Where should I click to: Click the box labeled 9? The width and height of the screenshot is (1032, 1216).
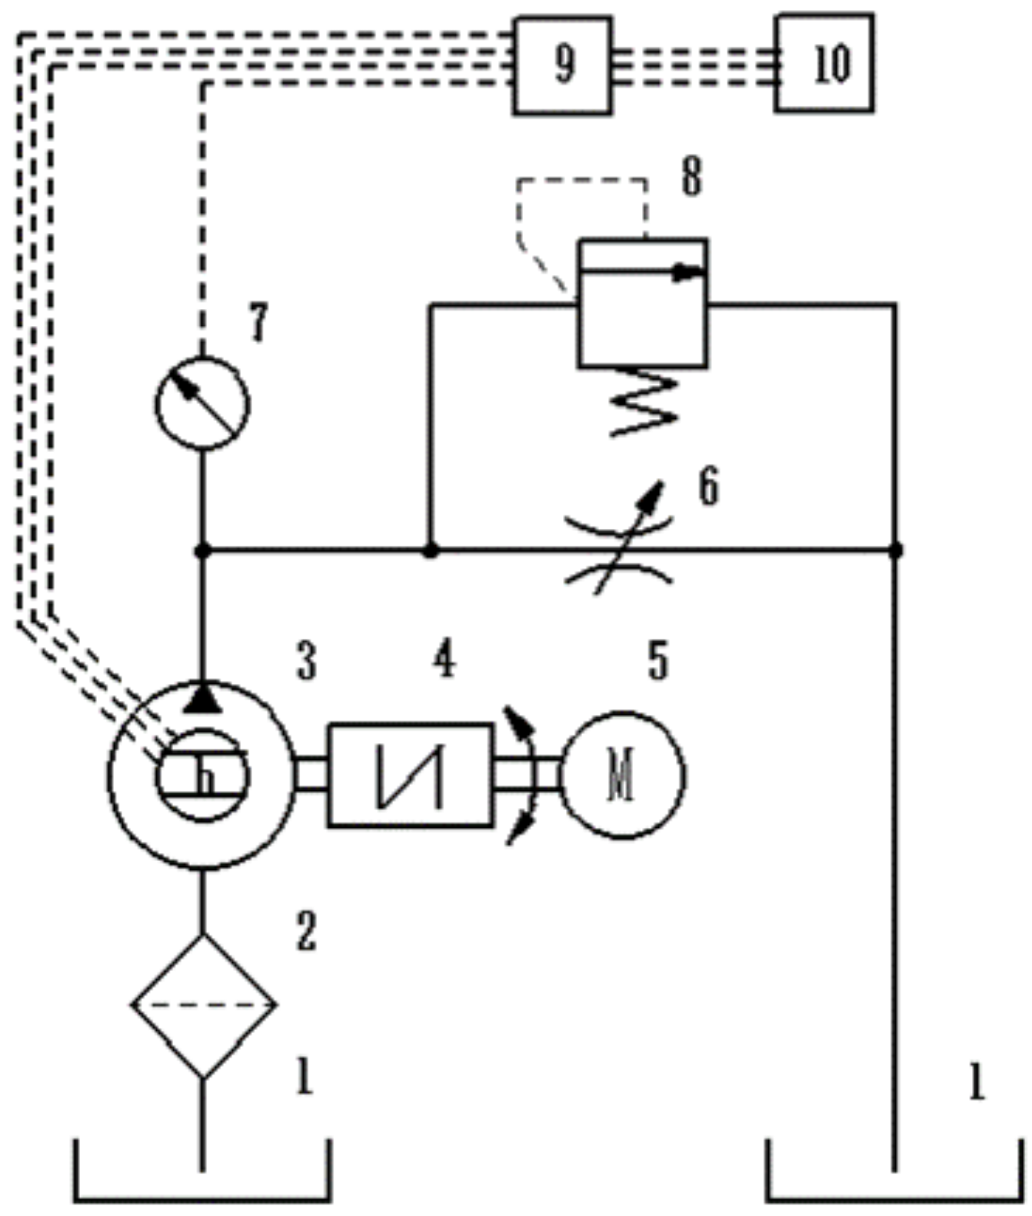[562, 65]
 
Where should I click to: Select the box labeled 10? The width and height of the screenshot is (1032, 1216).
[824, 63]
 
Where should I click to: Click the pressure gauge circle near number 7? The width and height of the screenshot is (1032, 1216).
[202, 403]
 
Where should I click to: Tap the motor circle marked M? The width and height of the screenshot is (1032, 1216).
[622, 775]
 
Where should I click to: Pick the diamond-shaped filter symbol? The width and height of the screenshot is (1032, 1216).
[203, 1005]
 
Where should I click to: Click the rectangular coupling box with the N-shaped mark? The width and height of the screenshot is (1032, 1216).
[411, 775]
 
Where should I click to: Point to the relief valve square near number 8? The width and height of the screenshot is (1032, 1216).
[643, 303]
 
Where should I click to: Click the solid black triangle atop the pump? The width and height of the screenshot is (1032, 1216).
[203, 697]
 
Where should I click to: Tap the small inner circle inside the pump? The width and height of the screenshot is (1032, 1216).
[203, 775]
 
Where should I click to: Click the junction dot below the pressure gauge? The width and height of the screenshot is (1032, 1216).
[203, 550]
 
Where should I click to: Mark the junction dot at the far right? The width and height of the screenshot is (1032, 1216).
[895, 550]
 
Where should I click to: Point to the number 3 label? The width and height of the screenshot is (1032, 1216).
[307, 661]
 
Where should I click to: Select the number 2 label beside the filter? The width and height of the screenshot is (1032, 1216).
[306, 932]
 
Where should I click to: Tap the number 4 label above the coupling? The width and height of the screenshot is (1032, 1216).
[444, 659]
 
